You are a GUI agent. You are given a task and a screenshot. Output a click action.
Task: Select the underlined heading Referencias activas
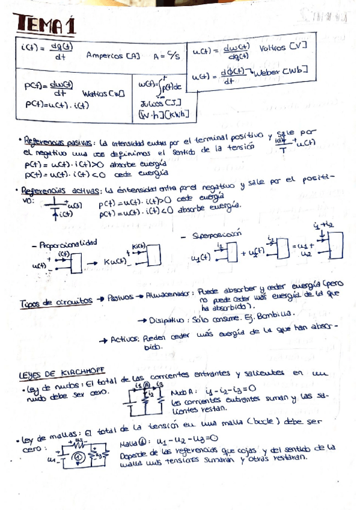click(x=58, y=191)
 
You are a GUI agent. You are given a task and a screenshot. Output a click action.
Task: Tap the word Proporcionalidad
click(x=69, y=245)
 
